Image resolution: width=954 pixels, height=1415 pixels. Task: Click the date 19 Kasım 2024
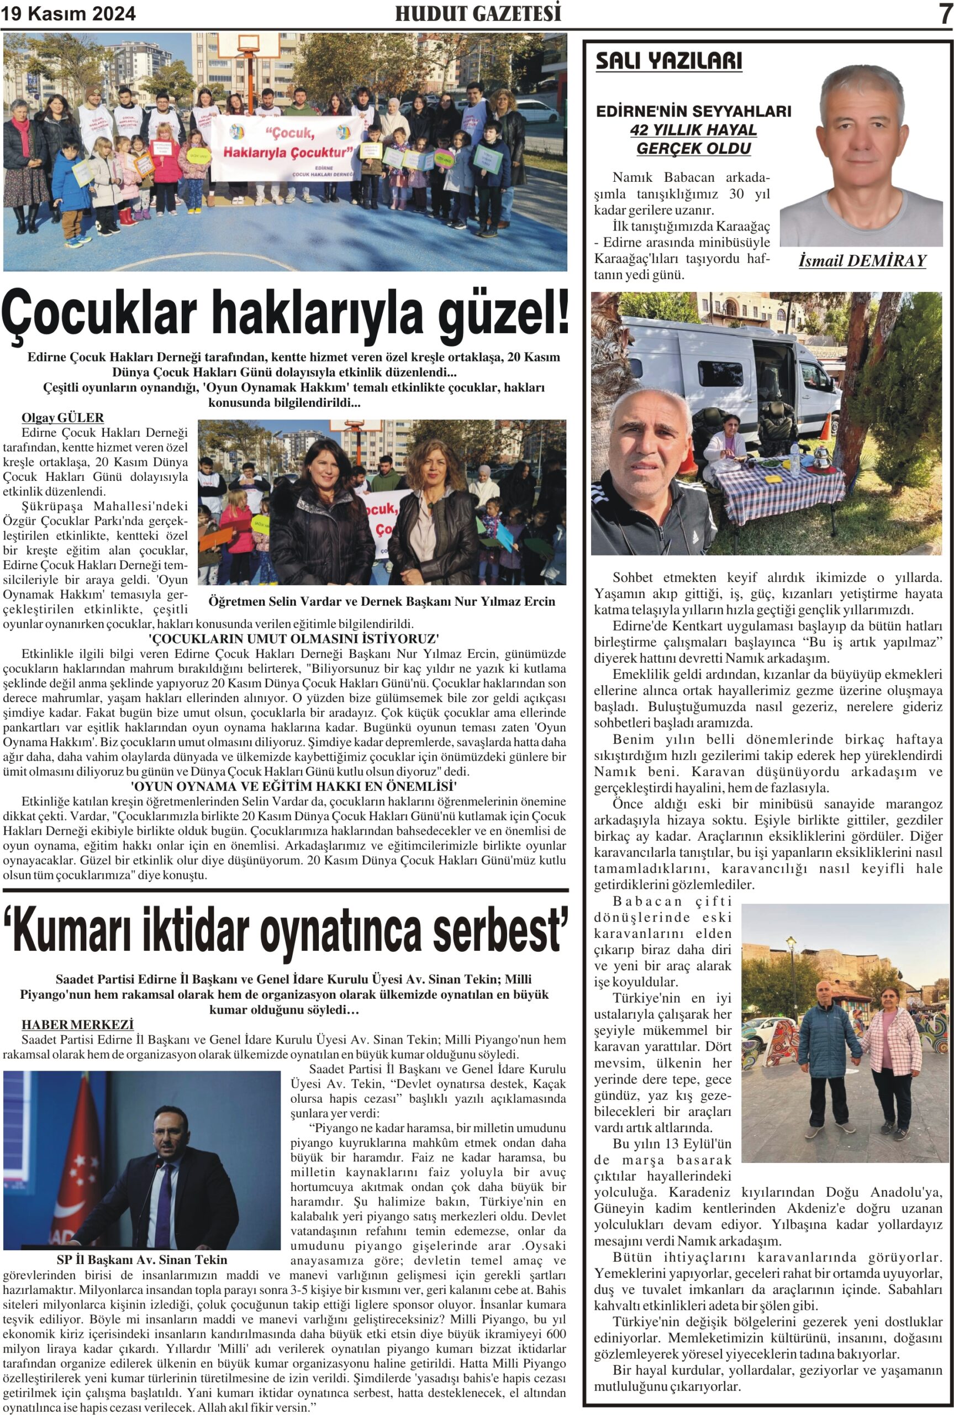(68, 14)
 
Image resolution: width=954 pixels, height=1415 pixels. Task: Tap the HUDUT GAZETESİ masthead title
(478, 13)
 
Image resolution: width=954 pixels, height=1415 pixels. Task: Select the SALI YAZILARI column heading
(668, 61)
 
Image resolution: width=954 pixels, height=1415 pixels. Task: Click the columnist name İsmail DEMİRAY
(862, 261)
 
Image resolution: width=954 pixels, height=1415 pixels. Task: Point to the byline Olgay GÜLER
(62, 417)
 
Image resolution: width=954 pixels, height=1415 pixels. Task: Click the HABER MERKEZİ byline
(77, 1024)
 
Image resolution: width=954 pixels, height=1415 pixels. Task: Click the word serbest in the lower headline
(499, 929)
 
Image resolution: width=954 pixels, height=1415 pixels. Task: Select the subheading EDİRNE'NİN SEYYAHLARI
(694, 111)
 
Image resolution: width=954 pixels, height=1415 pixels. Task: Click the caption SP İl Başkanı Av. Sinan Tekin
(142, 1259)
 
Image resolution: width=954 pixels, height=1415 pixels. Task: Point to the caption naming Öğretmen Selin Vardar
(382, 601)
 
